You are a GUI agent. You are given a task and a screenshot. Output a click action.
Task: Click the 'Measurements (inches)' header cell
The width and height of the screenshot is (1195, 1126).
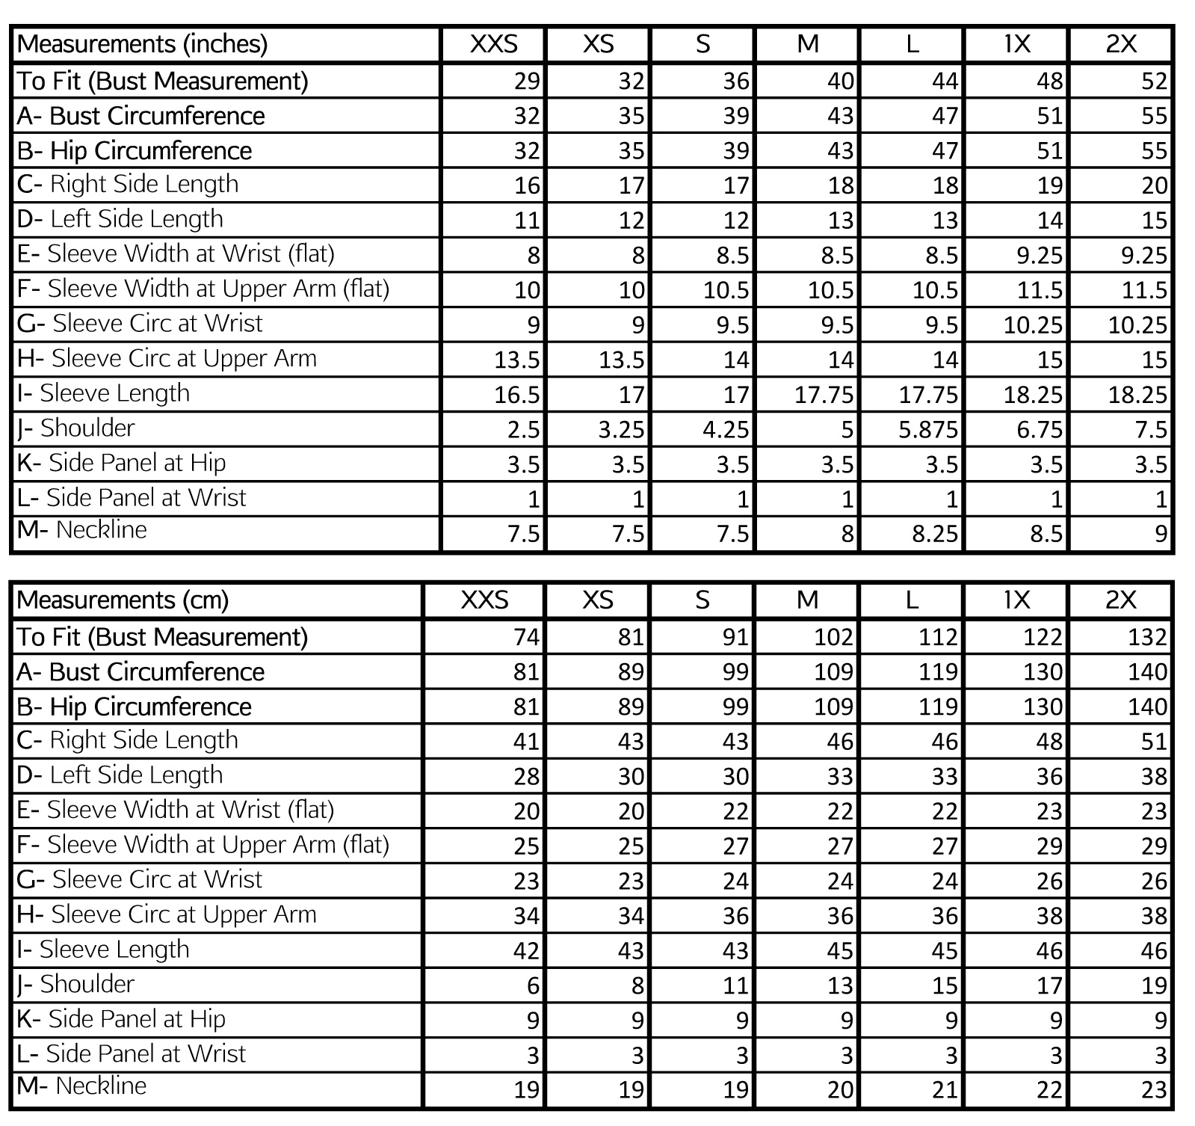point(142,44)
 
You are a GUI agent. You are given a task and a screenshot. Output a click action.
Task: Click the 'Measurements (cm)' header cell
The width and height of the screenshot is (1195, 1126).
point(123,600)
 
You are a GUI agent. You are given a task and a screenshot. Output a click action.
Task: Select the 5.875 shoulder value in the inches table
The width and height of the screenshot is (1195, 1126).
point(927,430)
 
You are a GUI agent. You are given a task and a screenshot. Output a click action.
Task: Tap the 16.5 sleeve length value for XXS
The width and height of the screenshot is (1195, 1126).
point(516,395)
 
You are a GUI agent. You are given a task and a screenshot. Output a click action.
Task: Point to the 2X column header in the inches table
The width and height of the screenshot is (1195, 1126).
point(1120,44)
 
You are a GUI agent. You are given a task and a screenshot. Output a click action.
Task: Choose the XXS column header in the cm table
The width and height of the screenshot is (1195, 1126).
point(484,600)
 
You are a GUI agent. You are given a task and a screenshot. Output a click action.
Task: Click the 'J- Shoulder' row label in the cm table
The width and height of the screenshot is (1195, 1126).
point(75,985)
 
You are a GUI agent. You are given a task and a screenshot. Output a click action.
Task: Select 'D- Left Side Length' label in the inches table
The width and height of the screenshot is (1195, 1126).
point(120,219)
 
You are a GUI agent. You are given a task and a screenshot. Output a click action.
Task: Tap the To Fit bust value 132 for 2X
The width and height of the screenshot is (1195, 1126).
point(1146,637)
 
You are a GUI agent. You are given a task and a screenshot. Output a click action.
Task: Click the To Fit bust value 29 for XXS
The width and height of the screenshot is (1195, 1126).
point(526,81)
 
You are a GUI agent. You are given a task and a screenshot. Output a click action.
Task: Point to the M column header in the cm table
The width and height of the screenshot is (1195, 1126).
point(807,600)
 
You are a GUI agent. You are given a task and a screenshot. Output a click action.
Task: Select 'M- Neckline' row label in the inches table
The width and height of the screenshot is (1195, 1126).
point(81,530)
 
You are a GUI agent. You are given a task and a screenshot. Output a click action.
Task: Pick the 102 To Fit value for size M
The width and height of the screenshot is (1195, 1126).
point(833,637)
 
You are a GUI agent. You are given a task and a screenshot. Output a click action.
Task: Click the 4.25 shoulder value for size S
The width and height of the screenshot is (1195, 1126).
point(726,430)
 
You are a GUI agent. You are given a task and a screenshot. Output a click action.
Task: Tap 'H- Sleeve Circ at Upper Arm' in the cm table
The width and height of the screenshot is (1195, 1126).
point(167,914)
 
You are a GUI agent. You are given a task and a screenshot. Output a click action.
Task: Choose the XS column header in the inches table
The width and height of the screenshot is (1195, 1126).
point(598,44)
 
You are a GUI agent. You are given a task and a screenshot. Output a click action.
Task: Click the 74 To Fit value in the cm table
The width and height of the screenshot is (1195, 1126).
point(526,637)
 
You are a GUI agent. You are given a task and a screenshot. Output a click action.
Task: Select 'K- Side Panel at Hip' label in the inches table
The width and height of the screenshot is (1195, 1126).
point(121,464)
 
